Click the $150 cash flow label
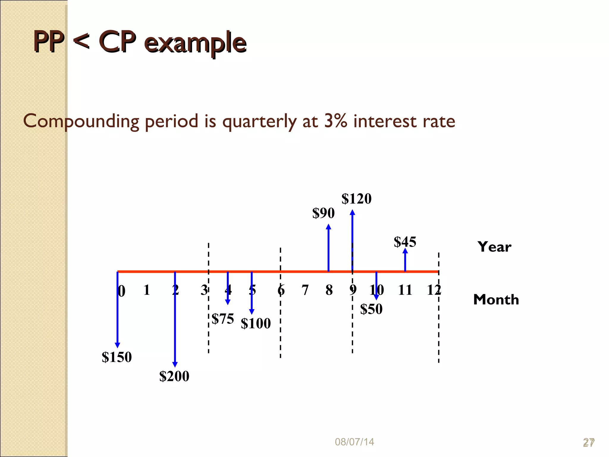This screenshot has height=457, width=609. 117,357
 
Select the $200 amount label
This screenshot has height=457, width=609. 174,376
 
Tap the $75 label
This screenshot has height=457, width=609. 223,319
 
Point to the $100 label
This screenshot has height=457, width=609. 256,323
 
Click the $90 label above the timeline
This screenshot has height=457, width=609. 323,213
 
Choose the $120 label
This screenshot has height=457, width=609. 357,199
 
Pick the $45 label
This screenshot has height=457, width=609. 405,242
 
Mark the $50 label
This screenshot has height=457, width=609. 371,309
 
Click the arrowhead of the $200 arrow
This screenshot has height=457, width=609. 175,364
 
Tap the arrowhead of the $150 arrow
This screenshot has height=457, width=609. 117,345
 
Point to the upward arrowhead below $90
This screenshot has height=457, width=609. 328,227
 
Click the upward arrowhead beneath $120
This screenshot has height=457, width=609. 352,212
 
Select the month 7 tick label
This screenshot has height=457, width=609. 305,290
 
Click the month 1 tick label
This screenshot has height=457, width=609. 147,290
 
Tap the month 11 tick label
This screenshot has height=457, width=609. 405,290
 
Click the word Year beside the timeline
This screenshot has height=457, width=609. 494,247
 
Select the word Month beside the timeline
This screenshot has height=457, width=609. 496,300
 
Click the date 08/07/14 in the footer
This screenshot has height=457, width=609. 354,442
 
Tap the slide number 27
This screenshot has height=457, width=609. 588,442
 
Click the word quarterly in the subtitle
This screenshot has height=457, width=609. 259,121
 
